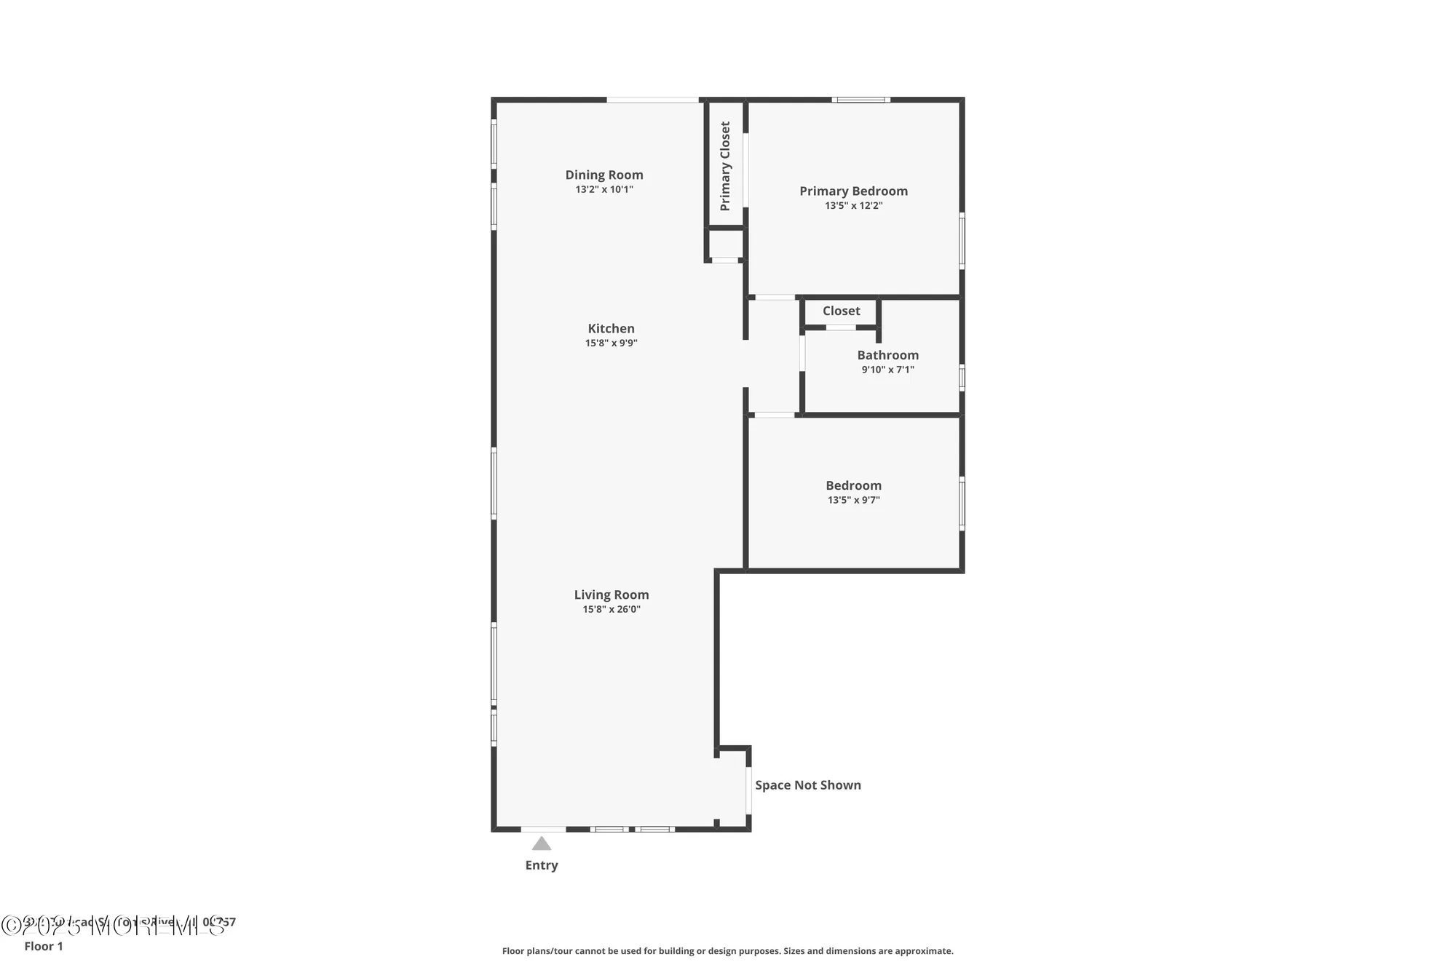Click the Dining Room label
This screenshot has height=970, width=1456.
point(604,175)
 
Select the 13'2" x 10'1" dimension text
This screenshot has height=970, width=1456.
point(604,190)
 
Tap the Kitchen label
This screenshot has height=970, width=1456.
point(611,328)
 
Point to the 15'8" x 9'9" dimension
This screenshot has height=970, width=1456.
point(611,343)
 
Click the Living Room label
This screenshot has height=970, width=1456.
point(611,595)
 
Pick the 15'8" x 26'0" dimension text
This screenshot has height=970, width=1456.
point(611,610)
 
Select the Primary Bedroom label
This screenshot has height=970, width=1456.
point(853,191)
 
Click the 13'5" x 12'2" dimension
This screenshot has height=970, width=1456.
point(853,206)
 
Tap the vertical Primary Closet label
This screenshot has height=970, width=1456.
point(725,166)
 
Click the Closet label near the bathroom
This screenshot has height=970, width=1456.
point(841,311)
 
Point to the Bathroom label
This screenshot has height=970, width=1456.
point(887,355)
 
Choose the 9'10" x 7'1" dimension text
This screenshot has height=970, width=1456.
point(887,370)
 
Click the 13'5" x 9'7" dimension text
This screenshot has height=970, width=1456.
point(853,500)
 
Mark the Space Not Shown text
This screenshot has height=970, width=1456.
point(807,785)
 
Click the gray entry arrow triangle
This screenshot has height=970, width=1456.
point(541,844)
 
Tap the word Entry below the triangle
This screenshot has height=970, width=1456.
point(541,865)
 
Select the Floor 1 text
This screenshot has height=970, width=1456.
point(44,946)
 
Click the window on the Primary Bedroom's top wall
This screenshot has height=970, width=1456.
point(861,100)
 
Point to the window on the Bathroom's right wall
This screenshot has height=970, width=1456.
point(962,378)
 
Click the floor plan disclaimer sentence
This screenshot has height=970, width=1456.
point(727,951)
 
